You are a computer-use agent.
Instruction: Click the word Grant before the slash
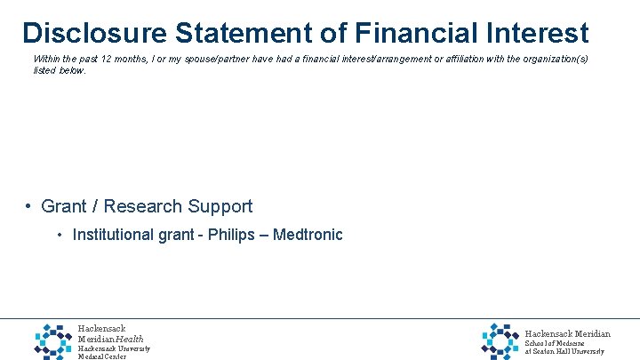pos(64,206)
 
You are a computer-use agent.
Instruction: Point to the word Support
pos(220,206)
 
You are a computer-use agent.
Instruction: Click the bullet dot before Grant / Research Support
pos(29,206)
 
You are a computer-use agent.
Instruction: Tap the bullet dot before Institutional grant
pos(60,236)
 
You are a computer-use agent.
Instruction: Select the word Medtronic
pos(308,236)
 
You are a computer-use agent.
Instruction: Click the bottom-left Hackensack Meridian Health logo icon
pos(53,340)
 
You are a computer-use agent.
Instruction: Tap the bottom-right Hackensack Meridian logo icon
pos(500,340)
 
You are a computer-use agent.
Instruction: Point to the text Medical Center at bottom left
pos(102,356)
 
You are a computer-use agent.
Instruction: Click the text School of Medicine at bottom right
pos(554,343)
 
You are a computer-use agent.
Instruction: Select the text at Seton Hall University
pos(564,352)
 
